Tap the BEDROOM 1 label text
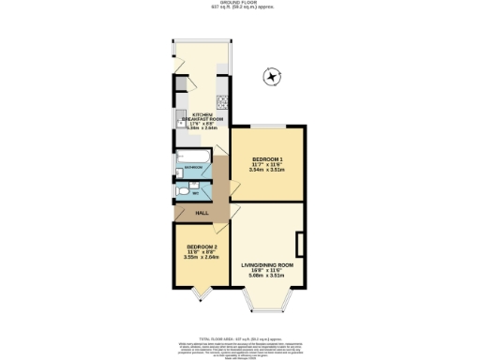(267, 158)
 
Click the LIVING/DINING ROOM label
(267, 265)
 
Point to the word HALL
(202, 214)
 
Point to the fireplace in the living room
(299, 245)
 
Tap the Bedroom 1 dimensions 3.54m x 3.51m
(267, 171)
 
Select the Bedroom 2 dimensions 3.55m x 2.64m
(202, 256)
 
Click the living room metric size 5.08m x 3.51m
(267, 277)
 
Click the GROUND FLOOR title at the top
(239, 3)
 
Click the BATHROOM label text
(196, 168)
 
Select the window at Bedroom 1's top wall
(267, 127)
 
